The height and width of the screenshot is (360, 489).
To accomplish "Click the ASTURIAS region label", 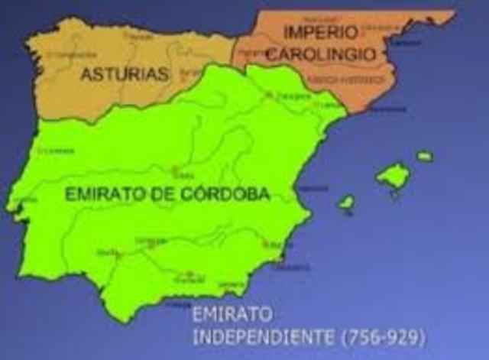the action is (x=124, y=74).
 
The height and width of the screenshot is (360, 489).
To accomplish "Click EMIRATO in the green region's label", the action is (x=101, y=195).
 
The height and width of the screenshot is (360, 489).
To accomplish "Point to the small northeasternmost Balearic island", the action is (x=425, y=156).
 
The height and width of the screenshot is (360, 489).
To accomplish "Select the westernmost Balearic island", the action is (x=346, y=203).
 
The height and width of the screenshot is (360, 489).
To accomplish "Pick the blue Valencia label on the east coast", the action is (x=312, y=188).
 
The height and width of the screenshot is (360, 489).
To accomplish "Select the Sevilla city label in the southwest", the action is (x=107, y=252).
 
